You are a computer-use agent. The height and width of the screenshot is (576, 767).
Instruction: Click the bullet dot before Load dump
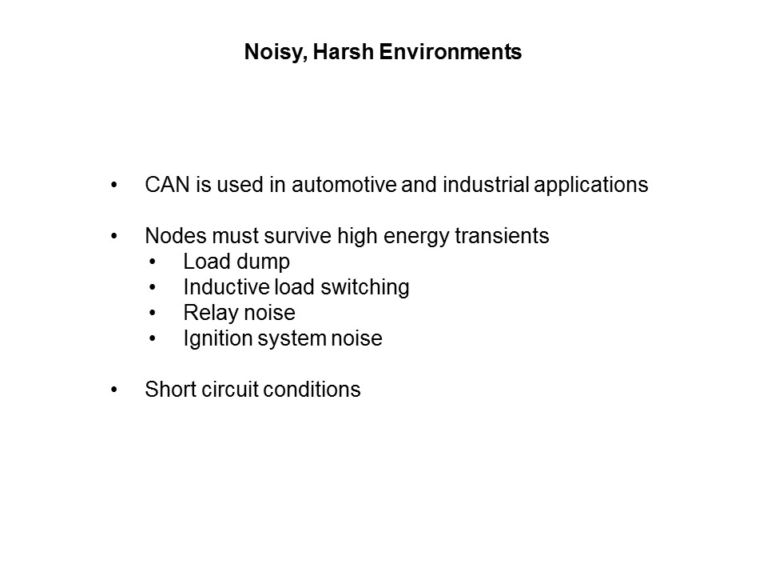click(153, 262)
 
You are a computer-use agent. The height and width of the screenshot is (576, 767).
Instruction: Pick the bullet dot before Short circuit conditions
click(115, 390)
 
